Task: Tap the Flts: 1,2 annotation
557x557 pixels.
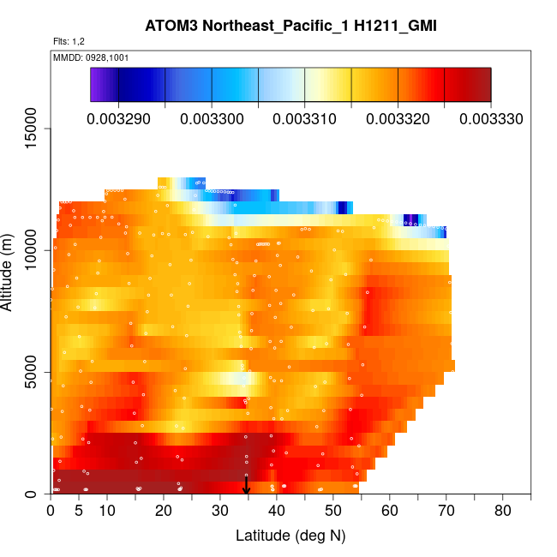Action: click(x=69, y=41)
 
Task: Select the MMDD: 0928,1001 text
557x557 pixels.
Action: click(x=91, y=58)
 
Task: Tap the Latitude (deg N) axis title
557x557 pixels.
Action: click(x=290, y=536)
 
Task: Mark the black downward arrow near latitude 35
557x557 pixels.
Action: click(x=247, y=485)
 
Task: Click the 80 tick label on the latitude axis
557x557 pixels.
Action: click(x=502, y=512)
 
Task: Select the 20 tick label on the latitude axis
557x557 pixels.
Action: click(x=164, y=512)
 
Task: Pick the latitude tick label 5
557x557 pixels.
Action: click(x=79, y=512)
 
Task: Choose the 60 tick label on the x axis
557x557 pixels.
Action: click(x=390, y=512)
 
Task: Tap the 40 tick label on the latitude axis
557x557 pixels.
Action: click(x=277, y=512)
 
